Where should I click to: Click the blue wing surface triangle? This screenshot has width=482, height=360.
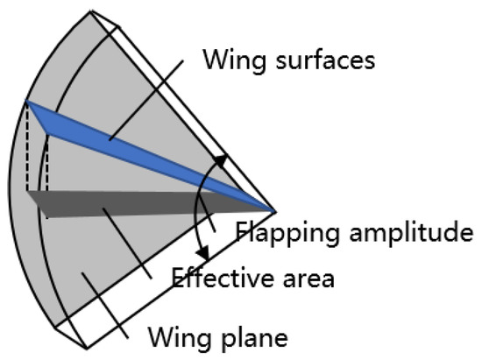point(131,145)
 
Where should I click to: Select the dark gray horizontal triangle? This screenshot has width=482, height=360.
point(131,202)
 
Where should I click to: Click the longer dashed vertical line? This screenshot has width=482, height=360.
point(28,149)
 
